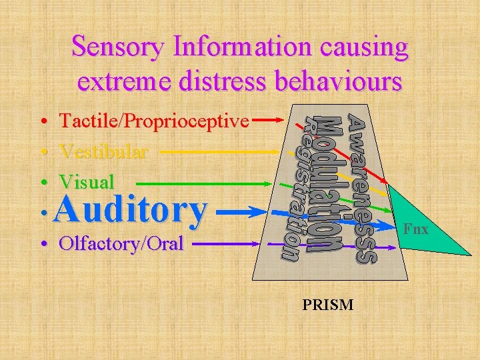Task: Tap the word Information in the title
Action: (x=239, y=47)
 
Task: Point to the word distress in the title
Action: (x=214, y=81)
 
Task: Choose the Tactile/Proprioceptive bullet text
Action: (x=154, y=121)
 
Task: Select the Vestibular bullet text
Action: (x=103, y=151)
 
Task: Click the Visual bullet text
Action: (x=87, y=181)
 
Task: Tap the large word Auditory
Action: (x=131, y=209)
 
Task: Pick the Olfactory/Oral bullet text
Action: (x=121, y=243)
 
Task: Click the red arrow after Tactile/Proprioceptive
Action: (x=271, y=121)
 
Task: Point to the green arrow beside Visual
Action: (x=200, y=182)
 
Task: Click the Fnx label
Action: (x=416, y=230)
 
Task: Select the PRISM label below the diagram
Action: (x=328, y=305)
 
